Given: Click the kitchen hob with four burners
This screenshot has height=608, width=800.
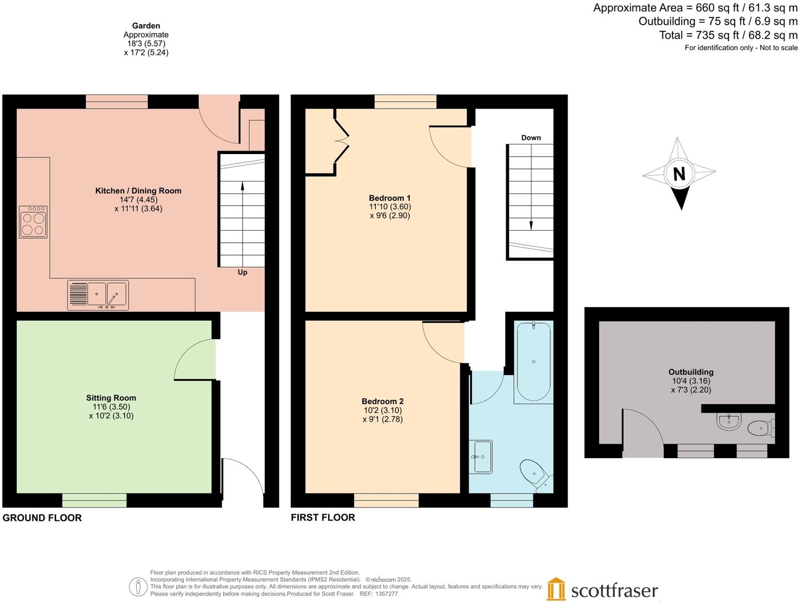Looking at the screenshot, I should (33, 222).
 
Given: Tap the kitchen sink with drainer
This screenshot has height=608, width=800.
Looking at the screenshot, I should (98, 295).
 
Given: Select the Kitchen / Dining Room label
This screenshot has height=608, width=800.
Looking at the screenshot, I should (138, 191).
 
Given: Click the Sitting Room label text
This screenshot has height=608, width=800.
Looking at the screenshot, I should (111, 398).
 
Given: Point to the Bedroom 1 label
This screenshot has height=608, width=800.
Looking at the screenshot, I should (390, 198).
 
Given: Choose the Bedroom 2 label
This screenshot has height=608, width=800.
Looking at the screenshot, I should (382, 401).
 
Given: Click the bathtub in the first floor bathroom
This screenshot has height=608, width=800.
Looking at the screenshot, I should (534, 361).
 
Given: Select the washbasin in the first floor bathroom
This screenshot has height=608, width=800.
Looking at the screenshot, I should (480, 457).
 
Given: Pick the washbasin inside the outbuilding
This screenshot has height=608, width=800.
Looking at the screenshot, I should (729, 422).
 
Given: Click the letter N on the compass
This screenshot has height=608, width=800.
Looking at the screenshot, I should (679, 174).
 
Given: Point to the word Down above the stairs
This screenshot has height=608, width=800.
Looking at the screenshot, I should (531, 138).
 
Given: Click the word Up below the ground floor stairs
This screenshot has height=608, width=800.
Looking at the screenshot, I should (242, 272).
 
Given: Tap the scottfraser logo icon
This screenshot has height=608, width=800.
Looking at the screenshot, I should (556, 589).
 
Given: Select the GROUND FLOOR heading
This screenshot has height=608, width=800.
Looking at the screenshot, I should (42, 518).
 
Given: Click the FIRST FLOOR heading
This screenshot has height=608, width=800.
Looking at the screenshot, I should (323, 517).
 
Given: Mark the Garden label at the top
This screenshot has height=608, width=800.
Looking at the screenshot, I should (146, 26).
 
